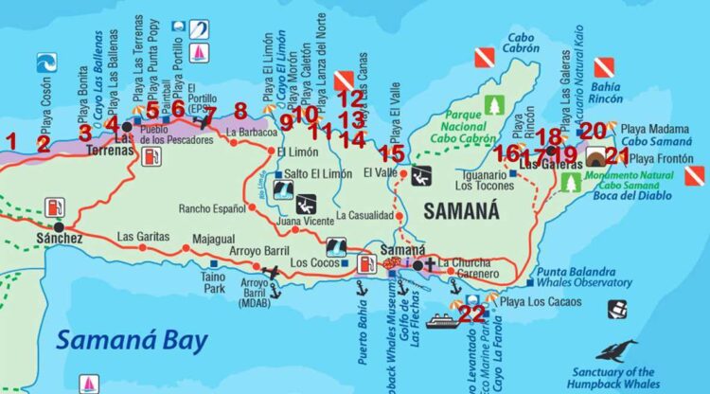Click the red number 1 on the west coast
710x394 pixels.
point(11,142)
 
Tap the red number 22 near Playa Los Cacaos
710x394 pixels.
point(471,313)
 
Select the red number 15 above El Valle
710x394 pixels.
point(397,152)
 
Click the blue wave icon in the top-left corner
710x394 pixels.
point(45,63)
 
